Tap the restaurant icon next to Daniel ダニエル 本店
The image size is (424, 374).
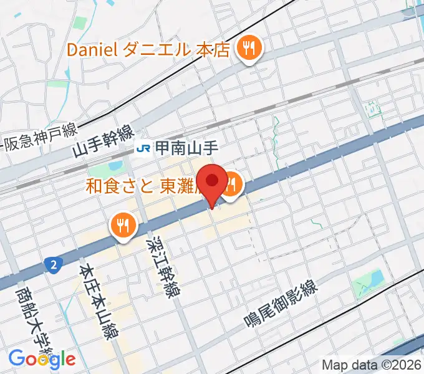point(249,49)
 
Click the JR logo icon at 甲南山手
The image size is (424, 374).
point(144,148)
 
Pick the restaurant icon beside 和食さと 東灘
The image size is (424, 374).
point(232,185)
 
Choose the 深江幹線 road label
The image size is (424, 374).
point(160,266)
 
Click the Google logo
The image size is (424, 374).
point(42,359)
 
